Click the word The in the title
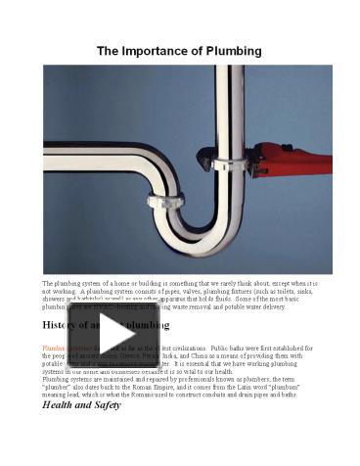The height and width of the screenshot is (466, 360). (108, 49)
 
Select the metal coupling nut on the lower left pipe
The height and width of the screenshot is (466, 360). (165, 202)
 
